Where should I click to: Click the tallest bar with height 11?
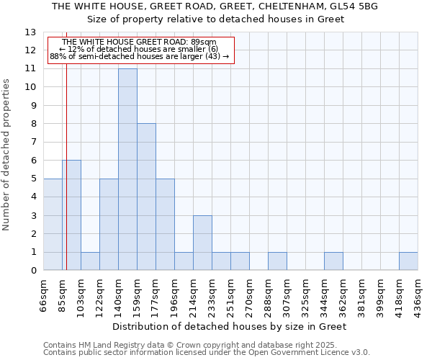click(x=127, y=169)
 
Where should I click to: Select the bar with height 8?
click(x=146, y=197)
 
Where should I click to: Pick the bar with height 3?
click(x=202, y=243)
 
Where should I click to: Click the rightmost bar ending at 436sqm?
click(x=408, y=261)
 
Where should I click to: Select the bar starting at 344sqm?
click(x=333, y=261)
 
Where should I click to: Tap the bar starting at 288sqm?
click(x=277, y=261)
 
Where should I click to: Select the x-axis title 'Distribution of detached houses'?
click(x=230, y=326)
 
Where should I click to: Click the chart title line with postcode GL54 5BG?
click(x=215, y=6)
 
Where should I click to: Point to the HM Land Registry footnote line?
click(x=185, y=345)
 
